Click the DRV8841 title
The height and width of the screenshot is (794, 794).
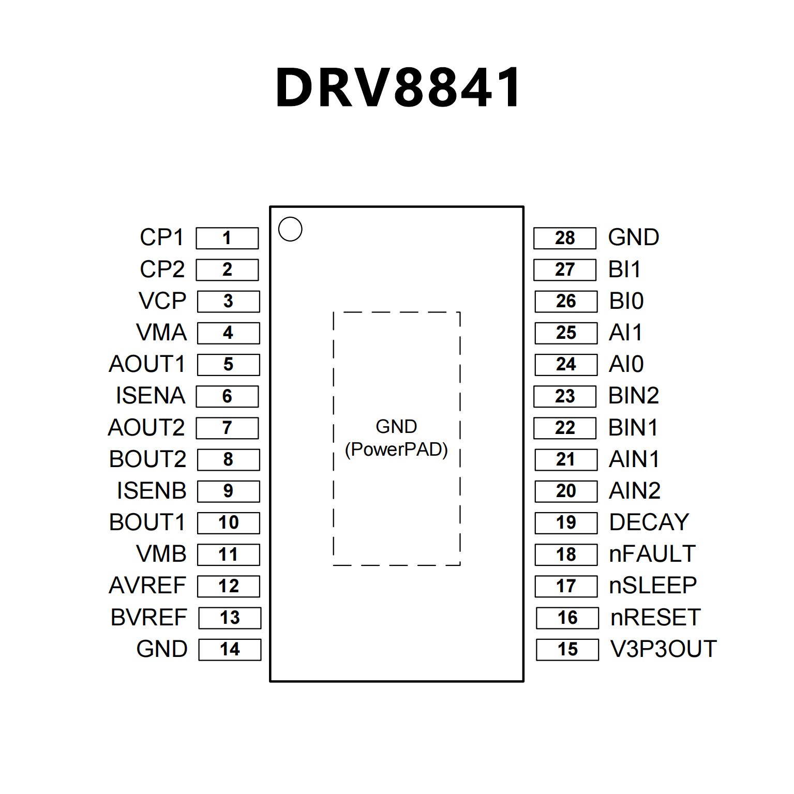[398, 88]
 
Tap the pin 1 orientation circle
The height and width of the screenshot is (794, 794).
[290, 229]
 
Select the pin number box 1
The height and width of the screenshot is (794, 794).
[227, 238]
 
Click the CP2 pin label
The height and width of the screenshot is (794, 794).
[162, 269]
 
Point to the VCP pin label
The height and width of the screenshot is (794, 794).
[162, 301]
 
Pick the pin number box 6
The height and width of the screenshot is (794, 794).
[227, 396]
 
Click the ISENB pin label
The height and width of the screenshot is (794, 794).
[152, 491]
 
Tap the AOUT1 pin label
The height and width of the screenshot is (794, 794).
[147, 364]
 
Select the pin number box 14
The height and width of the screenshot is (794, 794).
[230, 650]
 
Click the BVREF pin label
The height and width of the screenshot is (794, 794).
[149, 618]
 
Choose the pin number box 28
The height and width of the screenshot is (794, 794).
[565, 238]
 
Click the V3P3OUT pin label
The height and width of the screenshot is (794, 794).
[664, 649]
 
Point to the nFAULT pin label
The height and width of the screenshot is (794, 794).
[652, 554]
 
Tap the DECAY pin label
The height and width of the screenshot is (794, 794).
[649, 522]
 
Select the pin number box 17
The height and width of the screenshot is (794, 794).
[566, 586]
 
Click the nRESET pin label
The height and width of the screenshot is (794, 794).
[655, 618]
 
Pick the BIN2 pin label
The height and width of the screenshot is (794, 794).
[634, 396]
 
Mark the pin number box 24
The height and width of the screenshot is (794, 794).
[566, 364]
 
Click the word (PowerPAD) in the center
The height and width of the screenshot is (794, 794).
[396, 450]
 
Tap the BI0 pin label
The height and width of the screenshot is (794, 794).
[626, 301]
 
